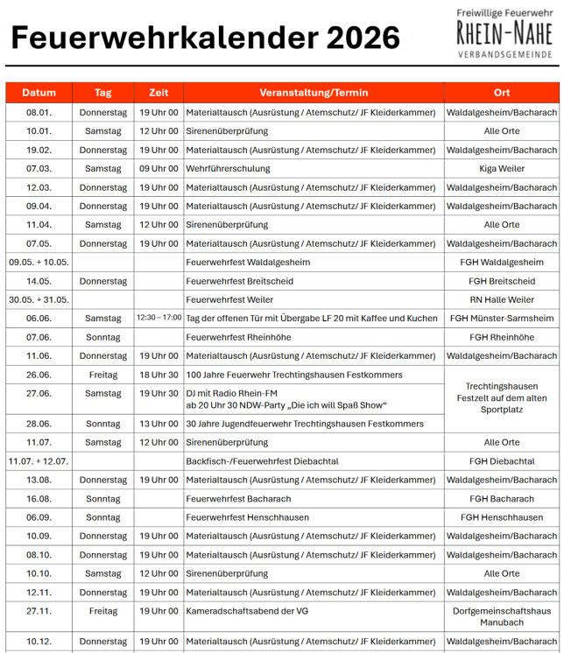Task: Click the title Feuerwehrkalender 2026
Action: click(205, 38)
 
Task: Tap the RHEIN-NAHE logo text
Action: click(504, 33)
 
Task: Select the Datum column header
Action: click(39, 93)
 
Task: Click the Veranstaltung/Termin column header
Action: click(314, 93)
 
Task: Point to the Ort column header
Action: click(502, 93)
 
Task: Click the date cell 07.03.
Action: click(39, 169)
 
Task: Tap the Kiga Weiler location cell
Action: click(502, 169)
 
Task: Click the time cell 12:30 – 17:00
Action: click(159, 318)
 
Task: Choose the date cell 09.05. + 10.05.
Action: click(39, 263)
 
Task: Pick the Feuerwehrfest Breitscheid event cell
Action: click(239, 281)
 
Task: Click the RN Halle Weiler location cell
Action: click(502, 300)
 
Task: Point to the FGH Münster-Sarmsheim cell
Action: click(502, 319)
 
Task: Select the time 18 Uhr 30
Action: click(159, 375)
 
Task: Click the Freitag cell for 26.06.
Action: click(103, 375)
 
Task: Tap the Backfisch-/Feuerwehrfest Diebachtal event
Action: click(262, 461)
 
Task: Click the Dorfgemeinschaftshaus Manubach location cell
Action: click(502, 616)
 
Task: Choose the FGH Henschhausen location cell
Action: click(502, 517)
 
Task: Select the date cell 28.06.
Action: click(39, 424)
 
